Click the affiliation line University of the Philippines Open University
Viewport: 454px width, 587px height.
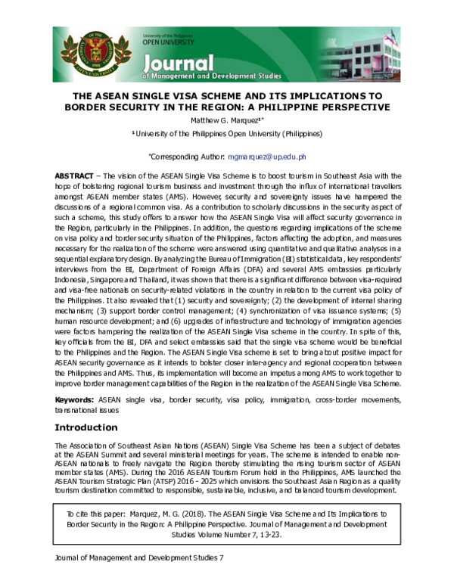pos(228,134)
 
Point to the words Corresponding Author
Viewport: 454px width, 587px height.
pos(186,157)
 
